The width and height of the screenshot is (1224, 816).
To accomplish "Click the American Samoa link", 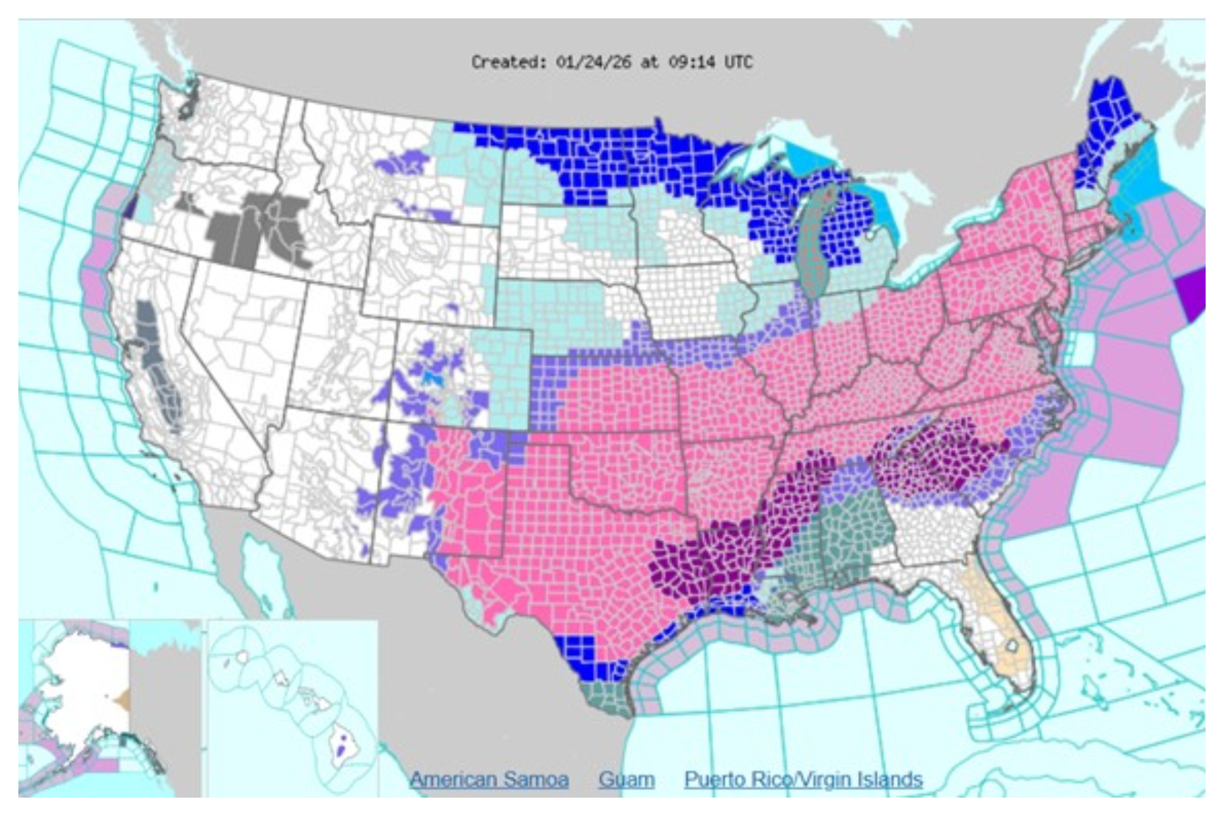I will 489,779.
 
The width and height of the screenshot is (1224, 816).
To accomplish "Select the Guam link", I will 626,779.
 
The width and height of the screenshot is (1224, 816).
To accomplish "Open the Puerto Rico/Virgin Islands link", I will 803,779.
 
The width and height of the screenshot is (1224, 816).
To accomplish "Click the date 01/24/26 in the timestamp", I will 593,63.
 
